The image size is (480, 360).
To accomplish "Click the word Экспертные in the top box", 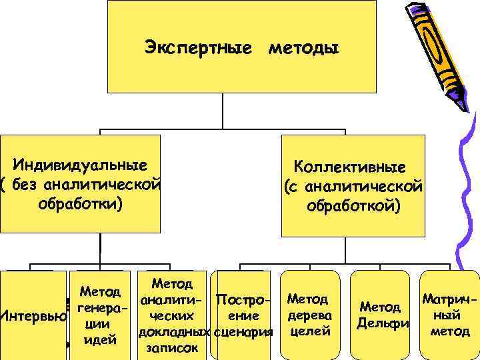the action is [x=198, y=48].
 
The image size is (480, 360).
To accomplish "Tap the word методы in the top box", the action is [x=303, y=48].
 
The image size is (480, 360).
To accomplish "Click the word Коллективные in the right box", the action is [x=354, y=168].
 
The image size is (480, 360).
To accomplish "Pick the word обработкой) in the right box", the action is [x=354, y=207].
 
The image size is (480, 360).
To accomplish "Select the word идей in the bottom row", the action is [x=99, y=341].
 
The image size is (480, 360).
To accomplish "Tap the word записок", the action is [x=173, y=347].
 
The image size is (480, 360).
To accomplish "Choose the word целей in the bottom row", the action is [x=307, y=329].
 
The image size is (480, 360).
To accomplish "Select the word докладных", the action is [x=174, y=331].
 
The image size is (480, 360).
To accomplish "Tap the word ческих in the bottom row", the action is [x=172, y=315].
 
